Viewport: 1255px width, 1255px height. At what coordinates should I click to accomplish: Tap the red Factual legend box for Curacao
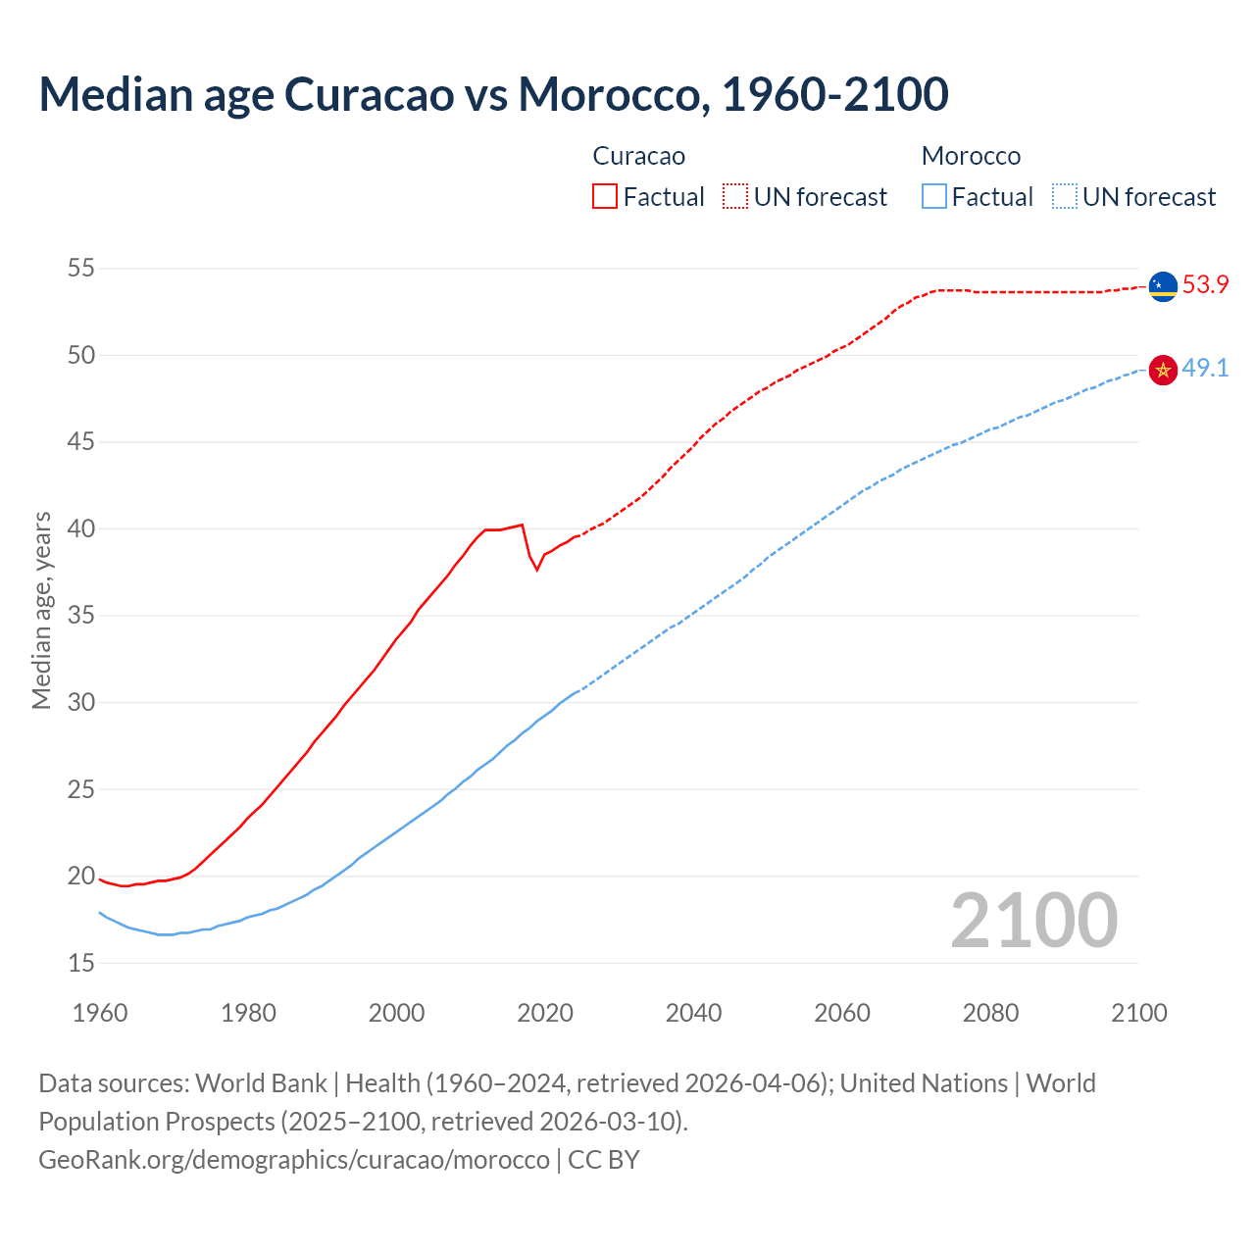[605, 197]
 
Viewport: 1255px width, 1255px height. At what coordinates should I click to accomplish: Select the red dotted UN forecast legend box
[735, 197]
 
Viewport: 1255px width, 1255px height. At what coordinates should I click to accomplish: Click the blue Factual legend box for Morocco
[934, 197]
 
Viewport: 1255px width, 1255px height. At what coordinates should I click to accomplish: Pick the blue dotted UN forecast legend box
[1064, 197]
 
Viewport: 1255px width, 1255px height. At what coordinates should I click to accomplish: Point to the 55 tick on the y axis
[81, 269]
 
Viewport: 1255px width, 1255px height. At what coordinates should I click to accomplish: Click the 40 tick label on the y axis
[81, 529]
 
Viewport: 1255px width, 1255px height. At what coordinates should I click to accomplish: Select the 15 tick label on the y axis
[81, 964]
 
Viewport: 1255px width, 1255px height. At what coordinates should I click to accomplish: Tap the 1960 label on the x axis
[100, 1013]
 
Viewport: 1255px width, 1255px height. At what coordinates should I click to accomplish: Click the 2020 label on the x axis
[545, 1013]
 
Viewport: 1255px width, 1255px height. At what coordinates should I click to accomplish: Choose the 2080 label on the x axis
[990, 1013]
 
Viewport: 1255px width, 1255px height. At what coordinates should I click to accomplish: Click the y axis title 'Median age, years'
[41, 610]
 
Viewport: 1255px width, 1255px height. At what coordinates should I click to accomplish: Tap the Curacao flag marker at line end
[1163, 286]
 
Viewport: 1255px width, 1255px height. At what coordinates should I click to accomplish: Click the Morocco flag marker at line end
[1163, 370]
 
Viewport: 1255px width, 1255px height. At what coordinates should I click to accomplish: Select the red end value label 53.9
[1205, 285]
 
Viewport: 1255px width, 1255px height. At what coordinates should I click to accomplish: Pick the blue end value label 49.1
[1205, 369]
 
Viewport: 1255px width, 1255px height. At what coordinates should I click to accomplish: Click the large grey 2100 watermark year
[1033, 921]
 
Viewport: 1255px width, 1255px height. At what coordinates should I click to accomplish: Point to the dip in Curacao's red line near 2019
[536, 569]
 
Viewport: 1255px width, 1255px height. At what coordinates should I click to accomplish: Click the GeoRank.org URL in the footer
[294, 1160]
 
